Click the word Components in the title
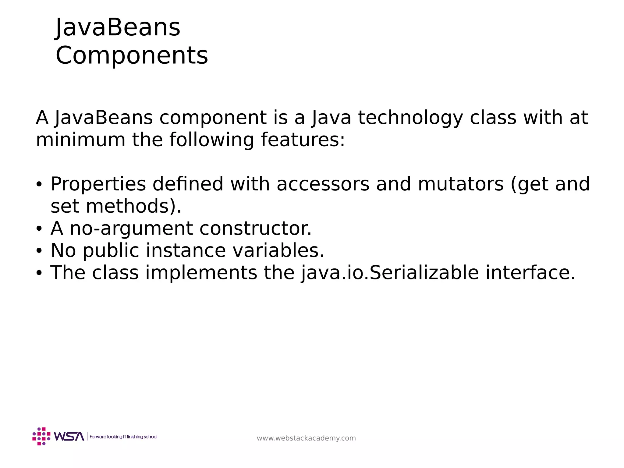pyautogui.click(x=132, y=55)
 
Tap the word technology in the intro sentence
pyautogui.click(x=410, y=118)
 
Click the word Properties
pyautogui.click(x=98, y=184)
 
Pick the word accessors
pyautogui.click(x=323, y=184)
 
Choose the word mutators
pyautogui.click(x=461, y=184)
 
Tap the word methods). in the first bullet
pyautogui.click(x=134, y=206)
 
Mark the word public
pyautogui.click(x=111, y=250)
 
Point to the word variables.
pyautogui.click(x=278, y=250)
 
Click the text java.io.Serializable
pyautogui.click(x=390, y=273)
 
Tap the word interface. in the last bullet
pyautogui.click(x=530, y=273)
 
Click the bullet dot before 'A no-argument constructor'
pyautogui.click(x=39, y=229)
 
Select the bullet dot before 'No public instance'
pyautogui.click(x=39, y=251)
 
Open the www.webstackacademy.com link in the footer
pyautogui.click(x=306, y=438)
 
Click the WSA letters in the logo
pyautogui.click(x=69, y=436)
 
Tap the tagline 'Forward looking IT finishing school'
pyautogui.click(x=123, y=437)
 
